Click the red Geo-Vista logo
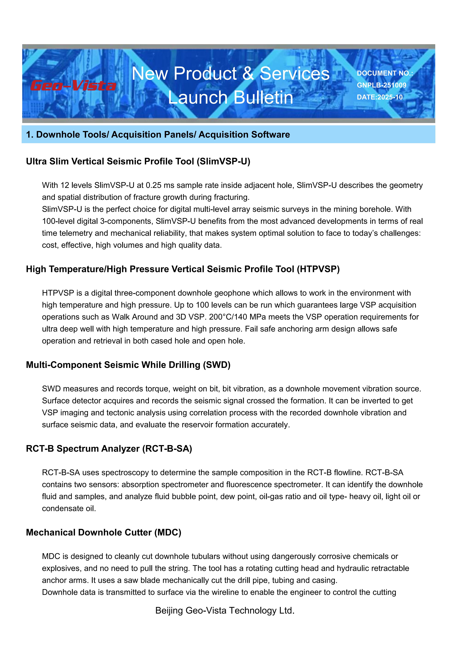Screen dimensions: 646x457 [x=73, y=86]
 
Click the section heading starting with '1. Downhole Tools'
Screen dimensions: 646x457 [x=158, y=135]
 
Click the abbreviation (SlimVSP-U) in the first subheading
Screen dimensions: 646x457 [x=223, y=161]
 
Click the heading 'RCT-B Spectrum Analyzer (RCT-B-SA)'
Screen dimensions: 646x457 [x=109, y=449]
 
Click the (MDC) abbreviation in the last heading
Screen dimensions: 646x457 [x=168, y=533]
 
